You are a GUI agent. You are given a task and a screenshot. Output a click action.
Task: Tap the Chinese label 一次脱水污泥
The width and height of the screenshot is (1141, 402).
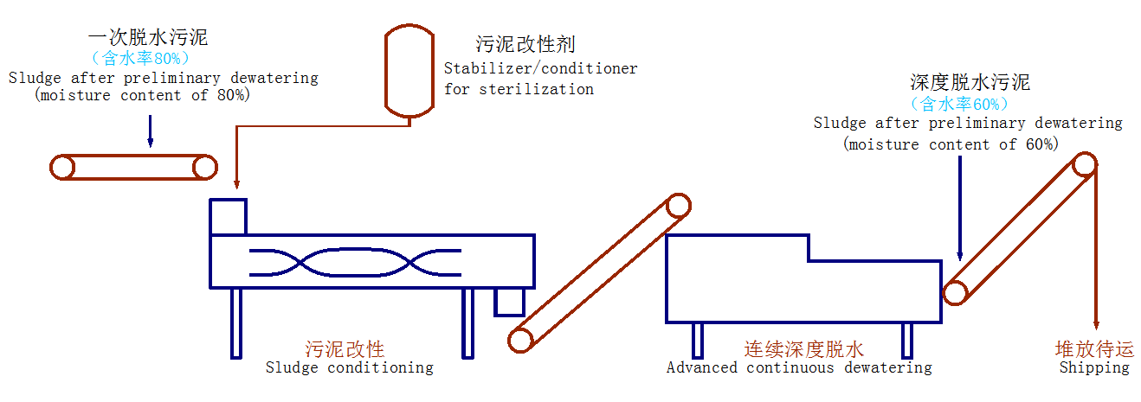pos(148,38)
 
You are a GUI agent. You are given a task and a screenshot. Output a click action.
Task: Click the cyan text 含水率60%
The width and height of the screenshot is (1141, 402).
pos(959,104)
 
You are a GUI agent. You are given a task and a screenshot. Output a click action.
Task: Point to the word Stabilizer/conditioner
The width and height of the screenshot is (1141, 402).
pos(540,68)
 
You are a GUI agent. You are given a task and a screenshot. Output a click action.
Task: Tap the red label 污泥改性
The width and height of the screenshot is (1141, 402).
pos(345,349)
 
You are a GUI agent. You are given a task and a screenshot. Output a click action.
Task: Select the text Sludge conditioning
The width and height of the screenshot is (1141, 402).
pos(349,367)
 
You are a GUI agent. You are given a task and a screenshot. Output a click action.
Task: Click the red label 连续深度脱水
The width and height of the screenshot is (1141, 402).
pos(804,349)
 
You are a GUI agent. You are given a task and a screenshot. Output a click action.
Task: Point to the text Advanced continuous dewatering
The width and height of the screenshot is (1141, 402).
pos(798,367)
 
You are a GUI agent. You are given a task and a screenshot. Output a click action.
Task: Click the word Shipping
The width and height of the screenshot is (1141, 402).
pos(1094,367)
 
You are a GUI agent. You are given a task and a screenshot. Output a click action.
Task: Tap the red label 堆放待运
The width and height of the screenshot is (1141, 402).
pos(1094,349)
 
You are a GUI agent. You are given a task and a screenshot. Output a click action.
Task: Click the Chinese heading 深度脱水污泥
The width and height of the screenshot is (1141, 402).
pos(970,83)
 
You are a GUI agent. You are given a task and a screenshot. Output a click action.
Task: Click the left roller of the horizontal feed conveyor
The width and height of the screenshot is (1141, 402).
pos(62,166)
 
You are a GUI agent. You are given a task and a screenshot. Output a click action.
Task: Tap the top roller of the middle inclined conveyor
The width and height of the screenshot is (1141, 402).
pos(678,206)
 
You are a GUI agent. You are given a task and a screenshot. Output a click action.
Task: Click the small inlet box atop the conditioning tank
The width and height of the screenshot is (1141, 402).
pos(228,215)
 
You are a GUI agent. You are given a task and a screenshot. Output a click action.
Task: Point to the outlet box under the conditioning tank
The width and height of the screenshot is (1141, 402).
pos(509,302)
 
